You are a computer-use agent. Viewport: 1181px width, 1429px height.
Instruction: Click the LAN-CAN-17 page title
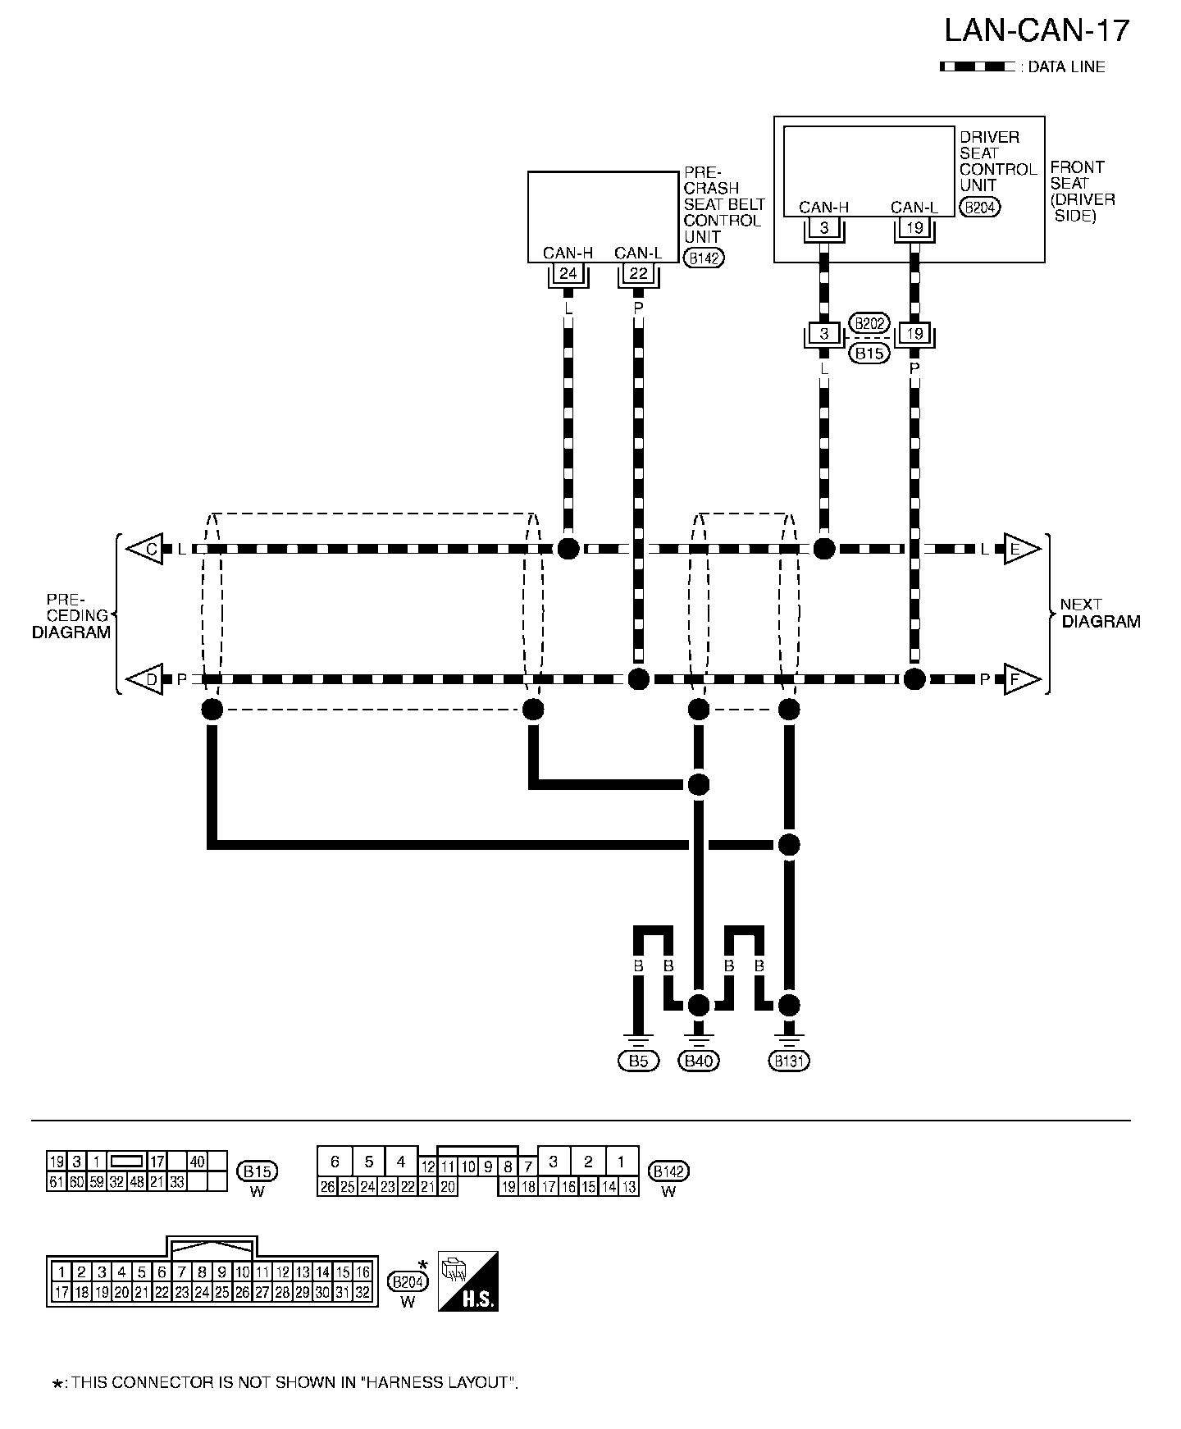(x=1037, y=31)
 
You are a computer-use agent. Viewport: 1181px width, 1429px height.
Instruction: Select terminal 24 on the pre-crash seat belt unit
(x=568, y=273)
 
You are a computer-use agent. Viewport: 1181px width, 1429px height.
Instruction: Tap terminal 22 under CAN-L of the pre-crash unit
(x=638, y=273)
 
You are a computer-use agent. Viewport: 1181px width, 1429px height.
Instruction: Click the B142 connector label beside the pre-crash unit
(x=704, y=259)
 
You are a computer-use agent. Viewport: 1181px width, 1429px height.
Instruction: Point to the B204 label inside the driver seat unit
(x=979, y=208)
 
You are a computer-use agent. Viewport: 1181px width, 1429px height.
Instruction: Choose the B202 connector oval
(x=869, y=322)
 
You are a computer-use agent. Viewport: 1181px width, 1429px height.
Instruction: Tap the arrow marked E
(x=1019, y=549)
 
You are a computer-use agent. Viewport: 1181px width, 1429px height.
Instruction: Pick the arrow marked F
(x=1019, y=679)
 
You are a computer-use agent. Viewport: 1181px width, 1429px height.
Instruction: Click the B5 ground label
(x=638, y=1061)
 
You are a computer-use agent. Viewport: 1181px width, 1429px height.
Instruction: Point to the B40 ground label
(x=698, y=1061)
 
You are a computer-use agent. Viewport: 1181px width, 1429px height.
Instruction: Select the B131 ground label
(x=789, y=1061)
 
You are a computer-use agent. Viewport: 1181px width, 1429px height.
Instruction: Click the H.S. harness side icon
(x=468, y=1281)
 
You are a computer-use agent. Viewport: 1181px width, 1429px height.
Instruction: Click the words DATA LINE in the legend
(x=1066, y=67)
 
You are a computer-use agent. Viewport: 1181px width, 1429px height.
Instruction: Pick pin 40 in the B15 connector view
(x=198, y=1162)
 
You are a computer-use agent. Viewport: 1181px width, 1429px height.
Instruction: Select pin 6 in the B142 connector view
(x=335, y=1162)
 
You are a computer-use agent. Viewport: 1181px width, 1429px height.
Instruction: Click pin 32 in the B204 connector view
(x=363, y=1292)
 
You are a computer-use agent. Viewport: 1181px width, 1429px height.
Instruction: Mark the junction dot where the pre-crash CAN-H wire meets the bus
(x=568, y=549)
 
